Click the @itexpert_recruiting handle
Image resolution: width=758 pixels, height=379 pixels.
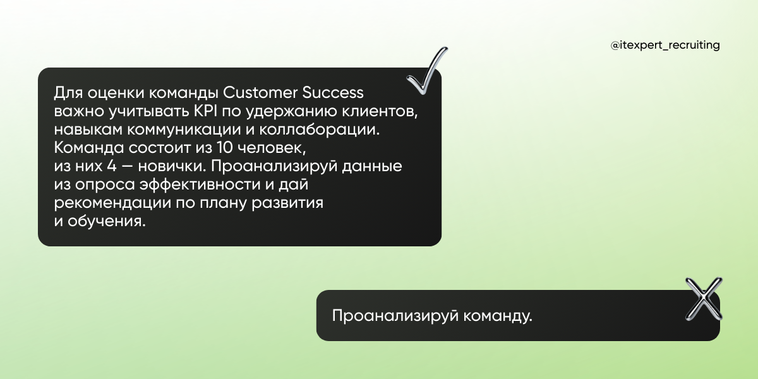pos(665,45)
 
